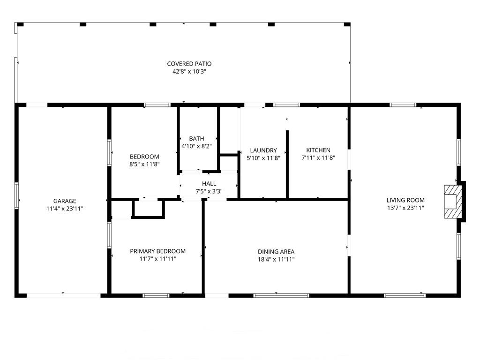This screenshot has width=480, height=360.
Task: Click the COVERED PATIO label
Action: (189, 64)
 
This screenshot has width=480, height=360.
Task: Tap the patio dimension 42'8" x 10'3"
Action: (189, 72)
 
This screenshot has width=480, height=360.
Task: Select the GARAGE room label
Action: (65, 201)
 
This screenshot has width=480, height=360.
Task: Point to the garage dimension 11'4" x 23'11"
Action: (65, 209)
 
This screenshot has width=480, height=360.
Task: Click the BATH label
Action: (196, 139)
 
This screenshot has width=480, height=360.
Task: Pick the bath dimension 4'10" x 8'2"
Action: (196, 146)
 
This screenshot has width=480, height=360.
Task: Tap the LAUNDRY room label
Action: (263, 150)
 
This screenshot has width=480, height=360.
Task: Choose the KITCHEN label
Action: (318, 150)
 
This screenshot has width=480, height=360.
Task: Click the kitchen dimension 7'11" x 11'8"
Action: (318, 158)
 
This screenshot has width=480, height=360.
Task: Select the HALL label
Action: (209, 184)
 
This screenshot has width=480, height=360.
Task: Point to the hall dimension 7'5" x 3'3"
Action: (209, 192)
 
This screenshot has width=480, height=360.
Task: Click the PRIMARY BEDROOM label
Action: (157, 251)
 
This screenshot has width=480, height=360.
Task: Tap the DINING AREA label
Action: (276, 252)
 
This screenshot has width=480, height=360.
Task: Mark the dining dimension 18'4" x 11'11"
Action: (276, 260)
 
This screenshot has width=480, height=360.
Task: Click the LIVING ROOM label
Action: (405, 200)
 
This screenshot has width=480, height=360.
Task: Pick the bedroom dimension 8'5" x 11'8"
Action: (144, 165)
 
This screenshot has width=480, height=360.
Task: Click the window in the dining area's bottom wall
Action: (281, 295)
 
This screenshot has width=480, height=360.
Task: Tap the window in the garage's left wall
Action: (16, 196)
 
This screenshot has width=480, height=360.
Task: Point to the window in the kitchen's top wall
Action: (286, 105)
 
